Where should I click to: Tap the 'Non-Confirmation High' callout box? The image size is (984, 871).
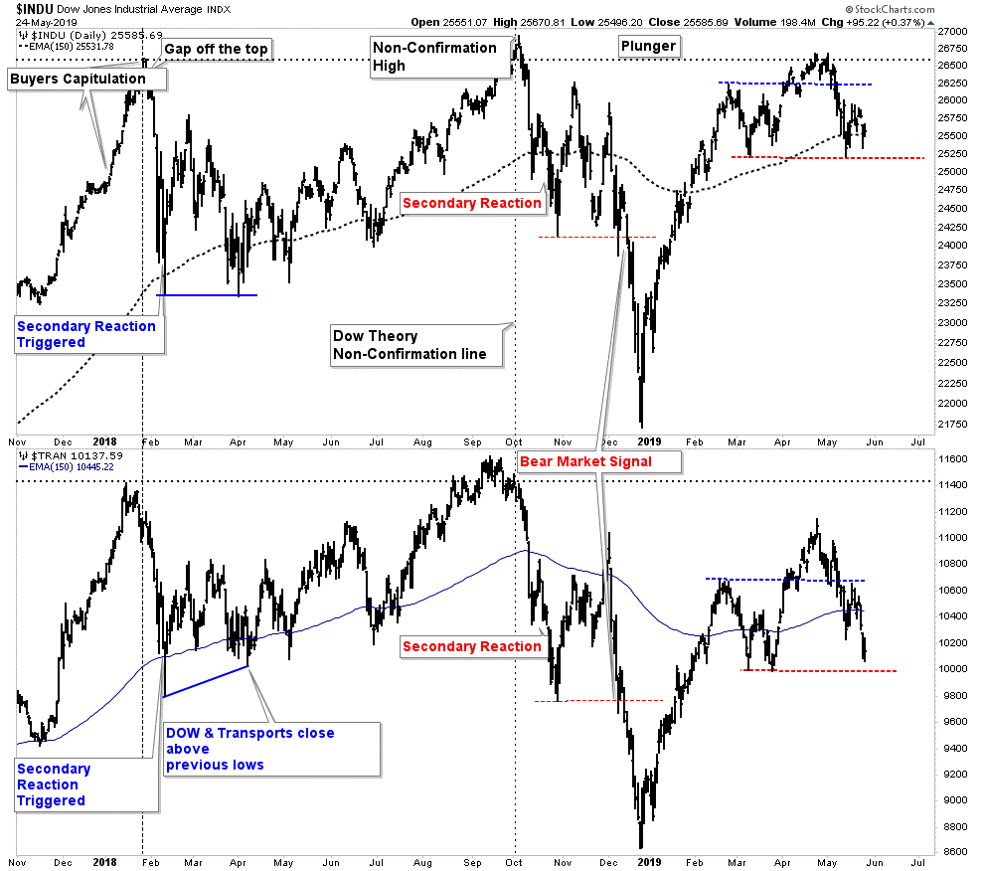(434, 56)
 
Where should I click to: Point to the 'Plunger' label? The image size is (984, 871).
(648, 45)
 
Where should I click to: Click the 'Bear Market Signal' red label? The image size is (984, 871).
(599, 461)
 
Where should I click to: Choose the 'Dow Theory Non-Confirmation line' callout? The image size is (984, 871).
(415, 345)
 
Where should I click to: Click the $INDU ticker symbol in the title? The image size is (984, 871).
(36, 8)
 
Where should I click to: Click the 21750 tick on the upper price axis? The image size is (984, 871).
(953, 425)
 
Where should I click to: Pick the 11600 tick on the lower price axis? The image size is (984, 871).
(953, 459)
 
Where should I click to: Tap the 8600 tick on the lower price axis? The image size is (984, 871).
(953, 852)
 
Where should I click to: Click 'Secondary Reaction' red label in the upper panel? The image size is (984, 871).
(472, 203)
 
